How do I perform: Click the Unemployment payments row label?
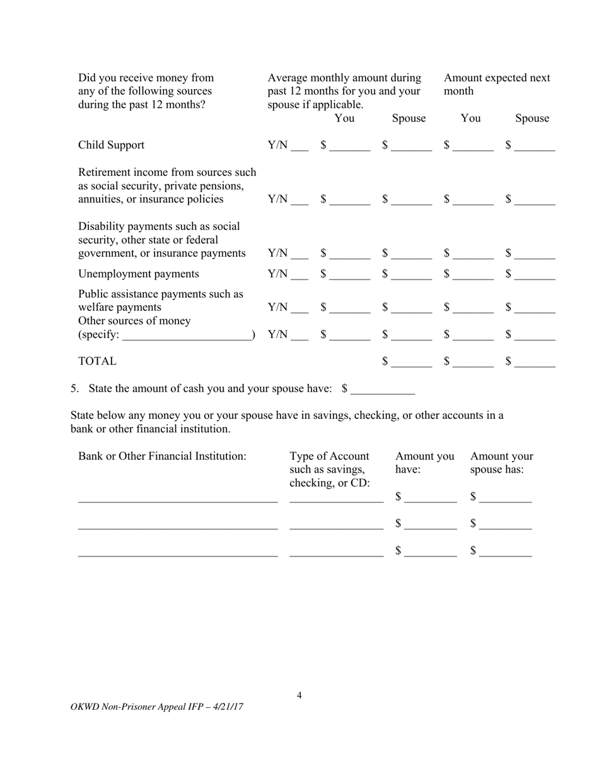[x=138, y=274]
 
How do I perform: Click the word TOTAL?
[x=97, y=362]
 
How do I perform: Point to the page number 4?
[x=299, y=695]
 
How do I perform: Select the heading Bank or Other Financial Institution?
[x=162, y=456]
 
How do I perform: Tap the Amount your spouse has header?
[x=501, y=462]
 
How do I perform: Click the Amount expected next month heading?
[x=497, y=84]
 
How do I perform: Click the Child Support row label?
[x=111, y=145]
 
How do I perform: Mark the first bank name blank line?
[x=177, y=498]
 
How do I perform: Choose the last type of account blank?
[x=336, y=553]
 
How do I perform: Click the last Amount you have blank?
[x=431, y=553]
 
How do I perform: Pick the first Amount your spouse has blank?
[x=505, y=498]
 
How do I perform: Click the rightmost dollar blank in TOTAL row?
[x=538, y=363]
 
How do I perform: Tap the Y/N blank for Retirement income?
[x=299, y=201]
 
